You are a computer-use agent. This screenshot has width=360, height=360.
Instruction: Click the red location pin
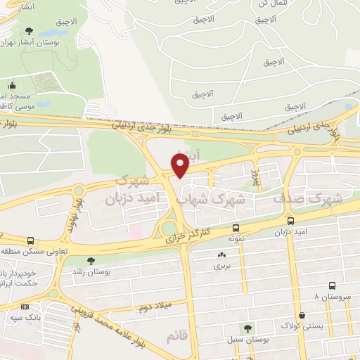[180, 165]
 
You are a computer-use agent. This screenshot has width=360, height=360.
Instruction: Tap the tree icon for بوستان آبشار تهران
[28, 31]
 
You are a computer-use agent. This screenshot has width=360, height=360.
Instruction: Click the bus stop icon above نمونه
[235, 228]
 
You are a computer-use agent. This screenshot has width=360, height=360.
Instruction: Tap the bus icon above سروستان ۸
[332, 286]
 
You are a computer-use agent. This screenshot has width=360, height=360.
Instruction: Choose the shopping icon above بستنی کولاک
[302, 314]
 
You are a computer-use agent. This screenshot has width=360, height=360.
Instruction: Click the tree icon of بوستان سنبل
[247, 328]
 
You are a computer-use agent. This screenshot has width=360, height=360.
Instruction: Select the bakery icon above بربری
[222, 255]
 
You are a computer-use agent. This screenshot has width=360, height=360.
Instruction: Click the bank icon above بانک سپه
[25, 307]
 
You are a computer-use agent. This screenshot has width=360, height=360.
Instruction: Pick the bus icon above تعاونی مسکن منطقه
[30, 240]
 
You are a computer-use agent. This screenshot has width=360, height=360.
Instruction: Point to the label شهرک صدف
[307, 199]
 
